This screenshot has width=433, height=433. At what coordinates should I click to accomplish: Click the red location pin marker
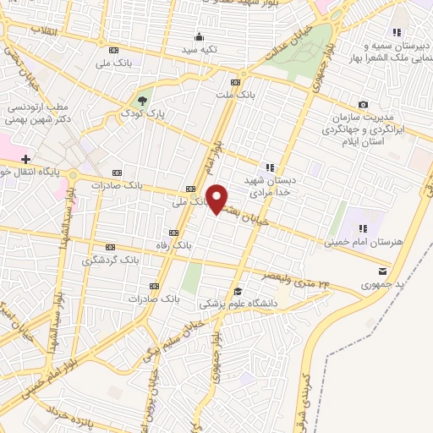pos(217,199)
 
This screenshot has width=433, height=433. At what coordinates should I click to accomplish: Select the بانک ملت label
pos(236,95)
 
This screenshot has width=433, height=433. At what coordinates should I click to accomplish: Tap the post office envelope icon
pos(383,271)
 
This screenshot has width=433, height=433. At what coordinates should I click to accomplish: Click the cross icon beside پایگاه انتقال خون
pos(26,158)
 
